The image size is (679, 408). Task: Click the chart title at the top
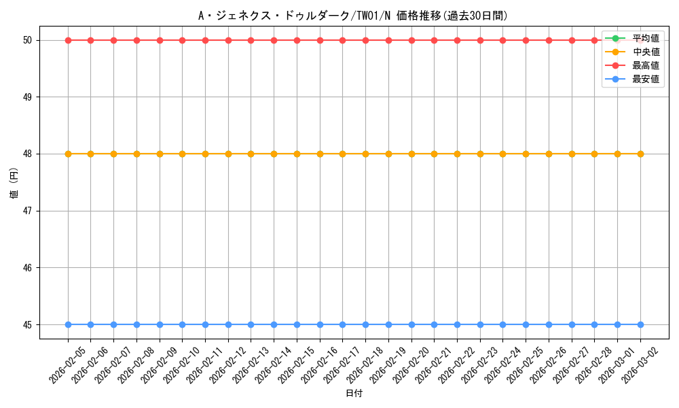(x=352, y=16)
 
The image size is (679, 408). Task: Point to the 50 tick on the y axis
(x=28, y=40)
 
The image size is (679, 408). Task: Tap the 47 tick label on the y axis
(x=28, y=211)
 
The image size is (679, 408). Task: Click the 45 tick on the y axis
(x=28, y=324)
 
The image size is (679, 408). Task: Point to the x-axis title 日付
(x=354, y=394)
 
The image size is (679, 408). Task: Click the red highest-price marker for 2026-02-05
(x=68, y=40)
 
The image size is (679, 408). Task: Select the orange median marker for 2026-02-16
(x=320, y=154)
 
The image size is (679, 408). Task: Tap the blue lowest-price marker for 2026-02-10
(x=182, y=324)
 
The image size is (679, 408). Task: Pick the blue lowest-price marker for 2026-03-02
(x=640, y=324)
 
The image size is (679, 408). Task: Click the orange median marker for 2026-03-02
(x=640, y=154)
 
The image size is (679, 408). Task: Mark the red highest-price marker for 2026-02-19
(x=388, y=40)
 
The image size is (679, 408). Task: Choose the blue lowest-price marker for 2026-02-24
(x=502, y=324)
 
